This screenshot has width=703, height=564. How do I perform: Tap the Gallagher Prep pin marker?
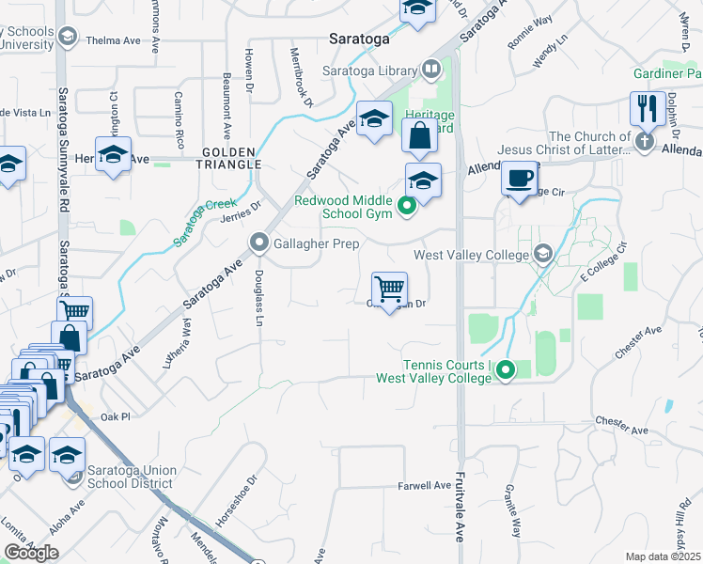(259, 243)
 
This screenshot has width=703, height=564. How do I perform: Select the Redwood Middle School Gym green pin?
(407, 205)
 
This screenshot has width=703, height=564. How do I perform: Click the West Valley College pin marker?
(542, 254)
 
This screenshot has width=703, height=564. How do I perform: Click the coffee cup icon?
(519, 178)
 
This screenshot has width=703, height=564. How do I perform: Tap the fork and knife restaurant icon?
(648, 108)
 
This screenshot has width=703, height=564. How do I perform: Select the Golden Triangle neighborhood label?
(229, 158)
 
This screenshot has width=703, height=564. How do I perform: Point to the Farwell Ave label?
(425, 485)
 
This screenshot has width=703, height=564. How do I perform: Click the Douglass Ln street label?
(259, 298)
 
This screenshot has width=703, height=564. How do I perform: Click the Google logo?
(31, 553)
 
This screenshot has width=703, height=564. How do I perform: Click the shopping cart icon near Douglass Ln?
(389, 287)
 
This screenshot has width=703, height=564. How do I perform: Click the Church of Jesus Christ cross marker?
(644, 142)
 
